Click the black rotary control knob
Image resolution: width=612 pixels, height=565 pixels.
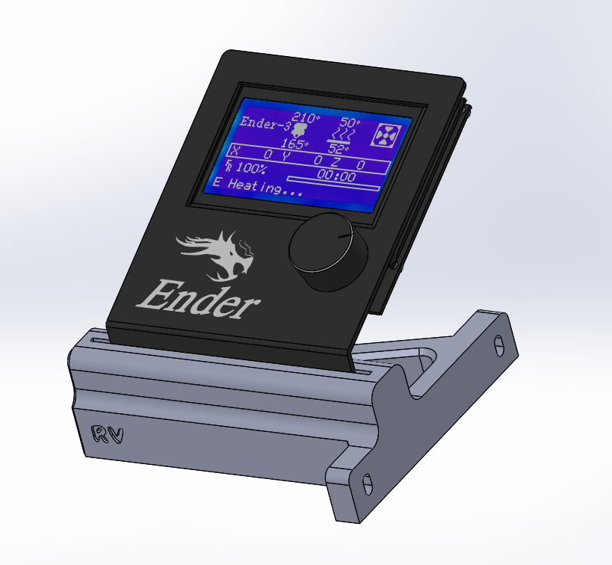328,251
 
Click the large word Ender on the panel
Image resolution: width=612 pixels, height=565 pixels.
198,299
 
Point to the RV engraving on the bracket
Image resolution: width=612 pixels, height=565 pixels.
107,434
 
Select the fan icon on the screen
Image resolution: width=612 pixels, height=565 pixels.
386,136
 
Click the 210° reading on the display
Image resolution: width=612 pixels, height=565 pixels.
306,117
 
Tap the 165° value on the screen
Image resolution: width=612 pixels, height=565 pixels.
294,143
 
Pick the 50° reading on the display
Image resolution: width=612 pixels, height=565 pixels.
350,123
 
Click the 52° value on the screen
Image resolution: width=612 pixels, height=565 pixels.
338,149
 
